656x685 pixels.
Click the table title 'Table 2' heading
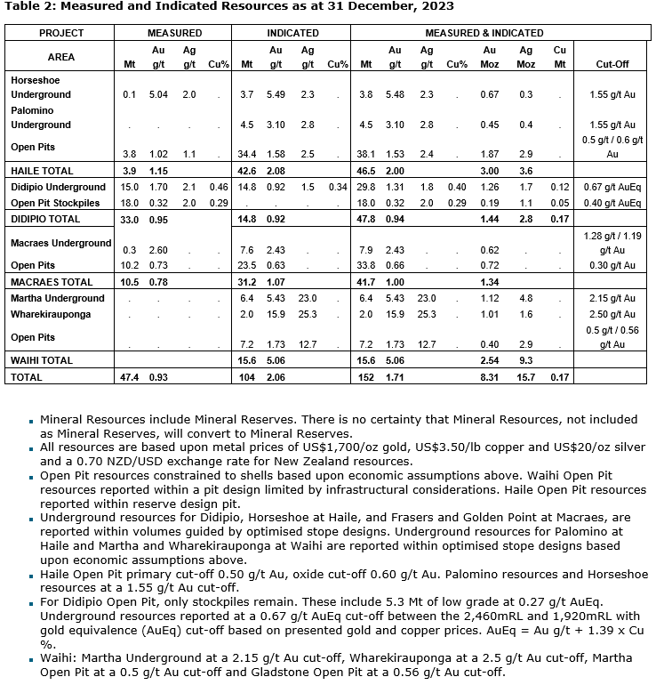(229, 6)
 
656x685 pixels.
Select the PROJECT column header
(60, 33)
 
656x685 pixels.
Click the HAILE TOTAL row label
(41, 170)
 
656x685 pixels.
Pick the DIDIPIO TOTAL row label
(44, 218)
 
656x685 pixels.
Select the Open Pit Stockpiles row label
(52, 202)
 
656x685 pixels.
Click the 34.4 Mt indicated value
(250, 154)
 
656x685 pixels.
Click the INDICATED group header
(292, 33)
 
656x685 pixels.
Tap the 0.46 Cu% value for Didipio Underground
(217, 187)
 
